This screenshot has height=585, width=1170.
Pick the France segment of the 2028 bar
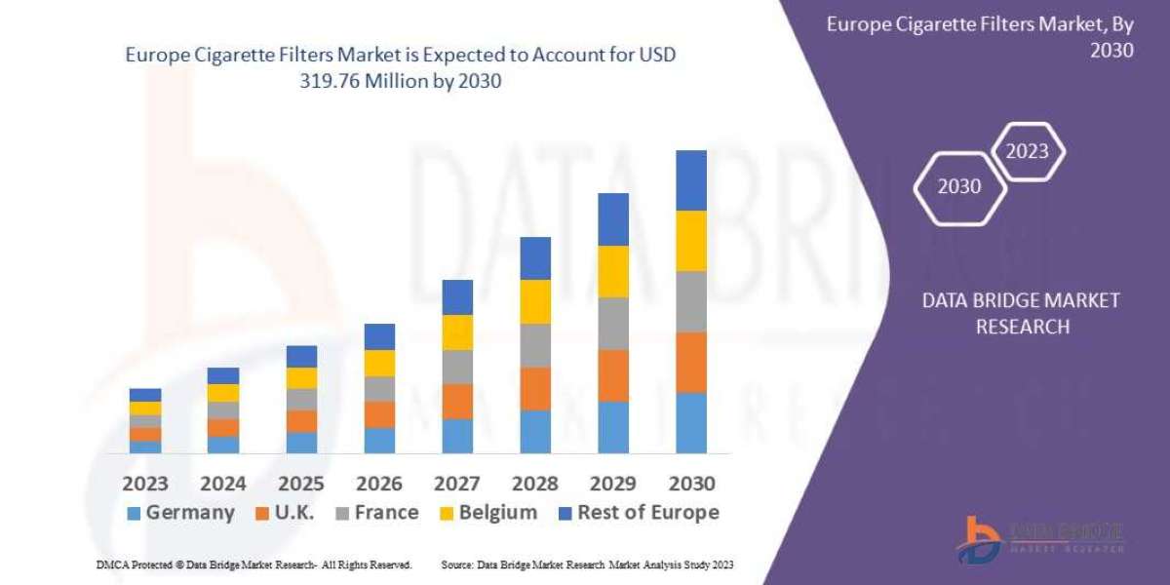[535, 345]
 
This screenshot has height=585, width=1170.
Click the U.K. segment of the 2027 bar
[457, 401]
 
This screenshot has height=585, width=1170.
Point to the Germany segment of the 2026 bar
[379, 440]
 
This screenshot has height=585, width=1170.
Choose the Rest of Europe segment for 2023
[145, 395]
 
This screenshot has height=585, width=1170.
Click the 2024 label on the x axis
[223, 483]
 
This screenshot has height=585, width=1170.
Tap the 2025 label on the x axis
[301, 483]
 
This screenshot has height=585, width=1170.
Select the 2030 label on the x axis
[691, 483]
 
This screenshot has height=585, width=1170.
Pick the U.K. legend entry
[282, 513]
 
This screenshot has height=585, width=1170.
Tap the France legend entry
[375, 513]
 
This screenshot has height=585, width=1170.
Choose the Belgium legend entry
[487, 513]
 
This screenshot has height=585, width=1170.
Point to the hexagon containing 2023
[1027, 151]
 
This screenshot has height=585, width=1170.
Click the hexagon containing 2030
[958, 186]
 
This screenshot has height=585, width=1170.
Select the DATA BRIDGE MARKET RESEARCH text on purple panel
[1021, 313]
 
